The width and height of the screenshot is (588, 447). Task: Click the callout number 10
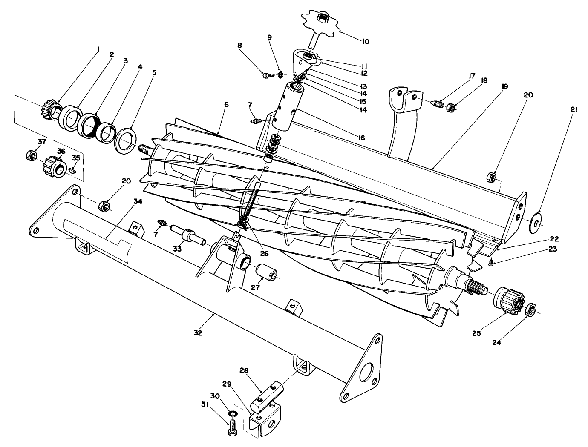(x=366, y=42)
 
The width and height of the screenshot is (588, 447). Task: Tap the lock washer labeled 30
(x=233, y=414)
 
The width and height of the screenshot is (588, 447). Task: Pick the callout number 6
(x=226, y=104)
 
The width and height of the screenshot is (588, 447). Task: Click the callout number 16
(x=362, y=138)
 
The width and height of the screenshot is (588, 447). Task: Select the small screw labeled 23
(x=491, y=264)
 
